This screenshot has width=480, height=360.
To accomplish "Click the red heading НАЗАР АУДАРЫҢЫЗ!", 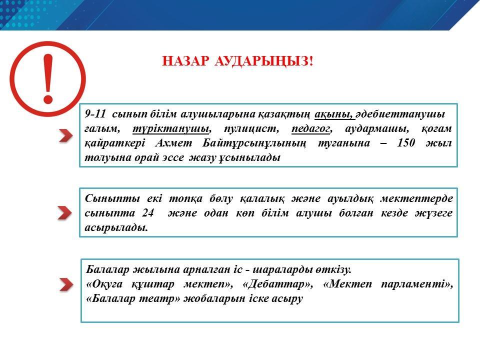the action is pyautogui.click(x=237, y=61).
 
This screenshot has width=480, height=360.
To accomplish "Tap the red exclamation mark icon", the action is pyautogui.click(x=48, y=78).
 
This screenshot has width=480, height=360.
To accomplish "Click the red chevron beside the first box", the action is pyautogui.click(x=66, y=135).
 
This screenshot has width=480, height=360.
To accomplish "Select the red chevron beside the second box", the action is pyautogui.click(x=64, y=213).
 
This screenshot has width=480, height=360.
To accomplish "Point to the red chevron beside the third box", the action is pyautogui.click(x=66, y=284).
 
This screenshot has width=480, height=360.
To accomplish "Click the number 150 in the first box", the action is pyautogui.click(x=405, y=142).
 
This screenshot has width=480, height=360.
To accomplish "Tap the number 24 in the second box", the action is pyautogui.click(x=148, y=212).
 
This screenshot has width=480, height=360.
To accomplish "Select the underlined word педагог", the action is pyautogui.click(x=311, y=129).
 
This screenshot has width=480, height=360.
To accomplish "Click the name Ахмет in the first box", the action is pyautogui.click(x=173, y=143).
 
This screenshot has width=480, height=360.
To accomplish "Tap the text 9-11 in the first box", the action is pyautogui.click(x=95, y=114).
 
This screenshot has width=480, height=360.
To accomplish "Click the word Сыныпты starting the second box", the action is pyautogui.click(x=112, y=198).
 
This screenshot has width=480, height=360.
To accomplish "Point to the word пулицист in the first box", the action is pyautogui.click(x=250, y=128).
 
